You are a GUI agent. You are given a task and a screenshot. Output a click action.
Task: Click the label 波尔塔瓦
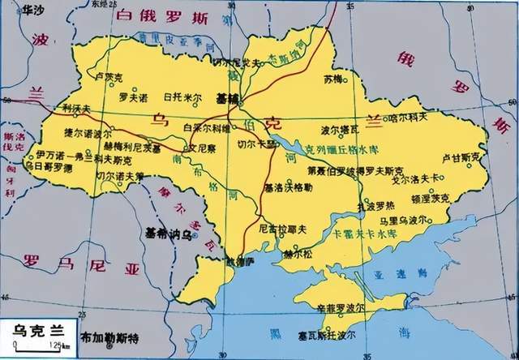coord(339,129)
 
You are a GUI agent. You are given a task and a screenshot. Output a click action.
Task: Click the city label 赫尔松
coord(301,252)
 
